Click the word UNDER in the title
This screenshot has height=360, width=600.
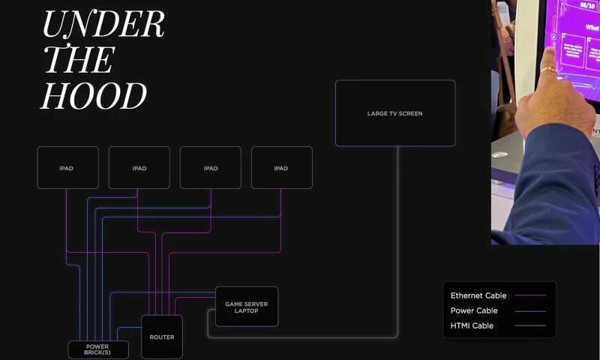[x=103, y=25]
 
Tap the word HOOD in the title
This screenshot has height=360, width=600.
[x=94, y=96]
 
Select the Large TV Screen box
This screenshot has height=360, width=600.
[x=394, y=113]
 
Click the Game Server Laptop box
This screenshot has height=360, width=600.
[x=246, y=306]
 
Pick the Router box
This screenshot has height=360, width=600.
[x=162, y=337]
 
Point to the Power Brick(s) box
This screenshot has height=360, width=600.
[x=97, y=349]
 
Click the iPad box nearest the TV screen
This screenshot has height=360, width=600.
[x=281, y=167]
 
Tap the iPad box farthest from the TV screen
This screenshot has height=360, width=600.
[x=67, y=167]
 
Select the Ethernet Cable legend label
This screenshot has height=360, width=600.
[x=478, y=295]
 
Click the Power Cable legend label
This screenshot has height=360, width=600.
[x=474, y=310]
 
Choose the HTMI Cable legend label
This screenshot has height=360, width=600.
[x=472, y=325]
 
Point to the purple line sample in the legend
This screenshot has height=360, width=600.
[x=530, y=295]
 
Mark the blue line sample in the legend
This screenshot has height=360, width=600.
[x=530, y=310]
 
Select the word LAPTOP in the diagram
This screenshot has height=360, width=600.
[x=246, y=310]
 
